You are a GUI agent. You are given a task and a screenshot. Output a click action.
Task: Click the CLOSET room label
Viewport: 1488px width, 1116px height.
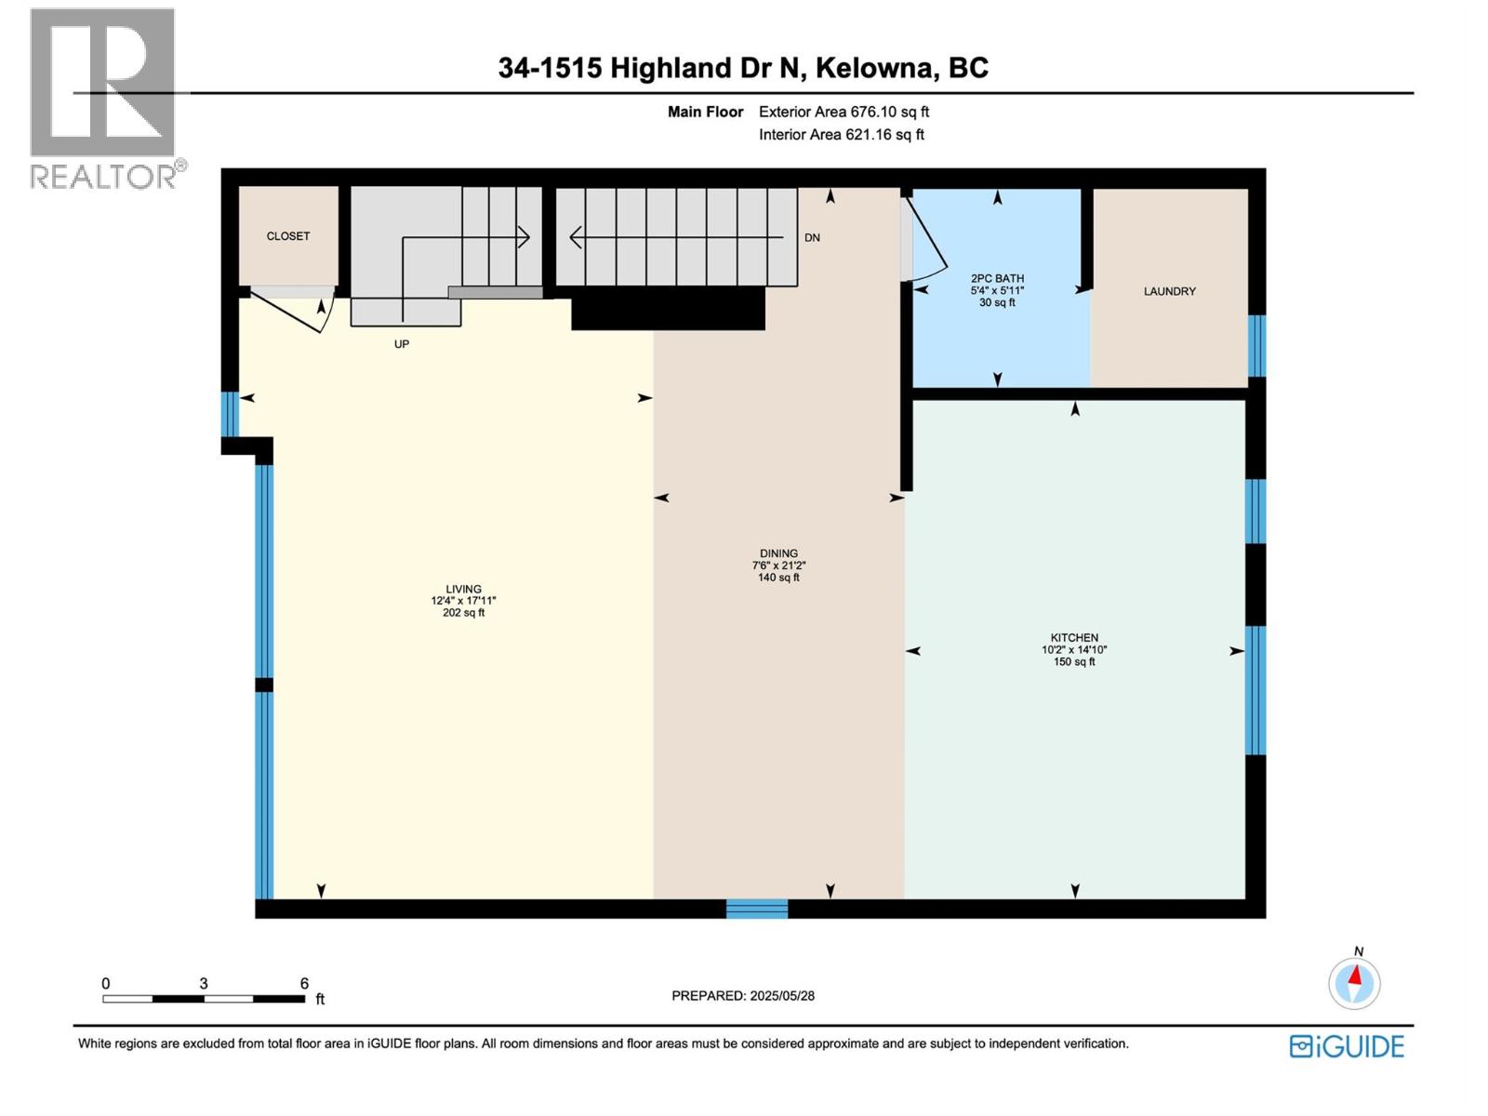pos(287,236)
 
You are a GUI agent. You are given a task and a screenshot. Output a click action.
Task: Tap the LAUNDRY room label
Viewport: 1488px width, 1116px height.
pos(1169,291)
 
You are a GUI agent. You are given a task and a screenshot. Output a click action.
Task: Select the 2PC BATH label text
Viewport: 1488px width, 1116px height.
pos(997,278)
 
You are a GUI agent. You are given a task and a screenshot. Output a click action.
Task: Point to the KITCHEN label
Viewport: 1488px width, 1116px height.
pos(1074,638)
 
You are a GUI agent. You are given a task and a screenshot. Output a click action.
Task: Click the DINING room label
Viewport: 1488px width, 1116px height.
pos(779,553)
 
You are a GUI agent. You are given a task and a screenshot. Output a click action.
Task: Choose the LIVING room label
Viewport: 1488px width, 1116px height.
pos(464,590)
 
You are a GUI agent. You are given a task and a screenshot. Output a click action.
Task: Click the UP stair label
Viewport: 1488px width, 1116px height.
pos(402,344)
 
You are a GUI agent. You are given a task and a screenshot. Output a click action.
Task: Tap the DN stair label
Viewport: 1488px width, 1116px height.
pos(812,238)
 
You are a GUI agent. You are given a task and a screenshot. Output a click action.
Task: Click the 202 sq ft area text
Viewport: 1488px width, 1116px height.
pos(464,613)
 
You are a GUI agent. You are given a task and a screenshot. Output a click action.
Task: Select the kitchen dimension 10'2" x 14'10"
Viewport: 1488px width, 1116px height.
pos(1074,650)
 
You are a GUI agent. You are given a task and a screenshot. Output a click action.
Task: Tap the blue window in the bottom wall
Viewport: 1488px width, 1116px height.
pos(756,909)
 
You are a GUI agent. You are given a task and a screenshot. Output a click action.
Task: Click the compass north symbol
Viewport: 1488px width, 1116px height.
pos(1354,982)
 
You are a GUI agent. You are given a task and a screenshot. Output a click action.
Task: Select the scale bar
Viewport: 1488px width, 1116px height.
pos(204,999)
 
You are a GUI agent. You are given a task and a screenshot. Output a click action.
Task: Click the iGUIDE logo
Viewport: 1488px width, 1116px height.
pos(1347,1047)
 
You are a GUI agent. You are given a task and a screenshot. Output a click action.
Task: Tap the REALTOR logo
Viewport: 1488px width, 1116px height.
pos(107,99)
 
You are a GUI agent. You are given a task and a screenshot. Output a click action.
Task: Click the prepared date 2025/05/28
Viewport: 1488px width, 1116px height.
pos(782,995)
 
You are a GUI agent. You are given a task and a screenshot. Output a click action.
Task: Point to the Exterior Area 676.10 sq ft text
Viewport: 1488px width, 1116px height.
pos(844,112)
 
